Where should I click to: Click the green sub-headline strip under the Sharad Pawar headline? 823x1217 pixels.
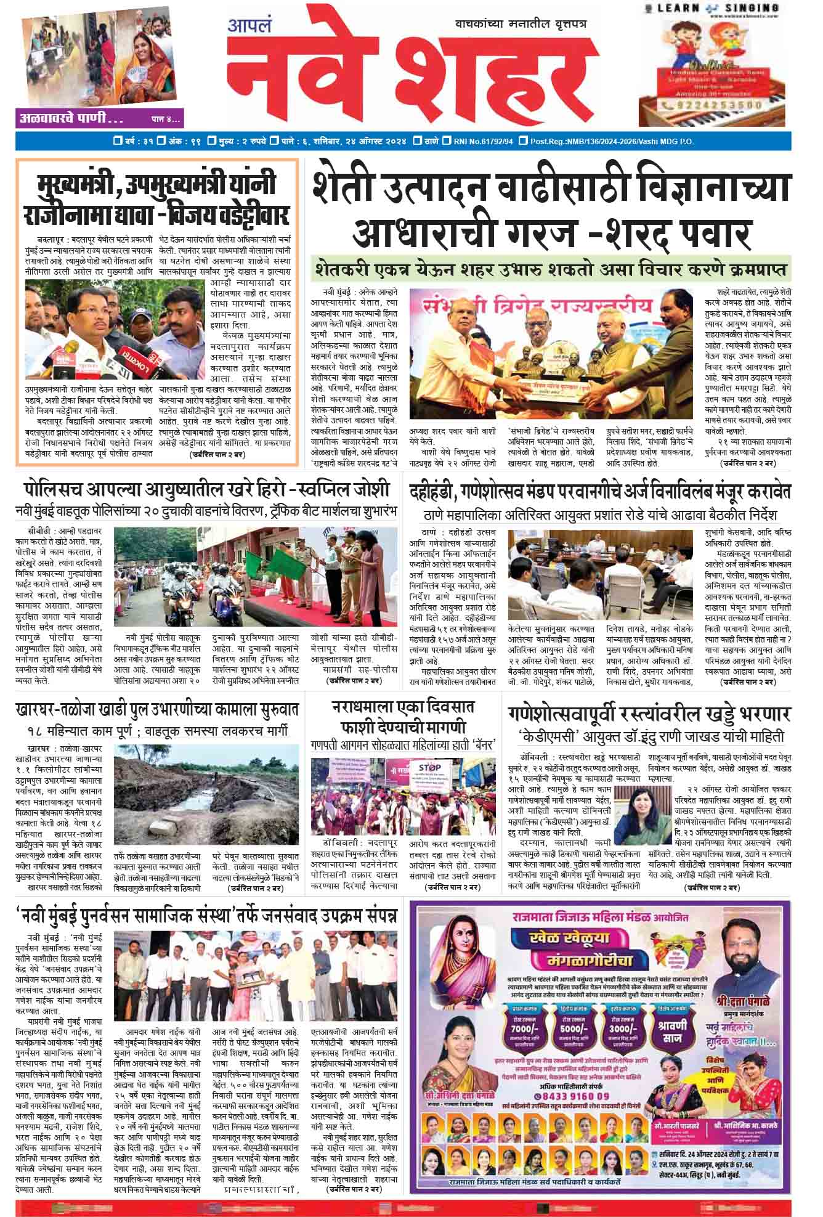click(551, 269)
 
